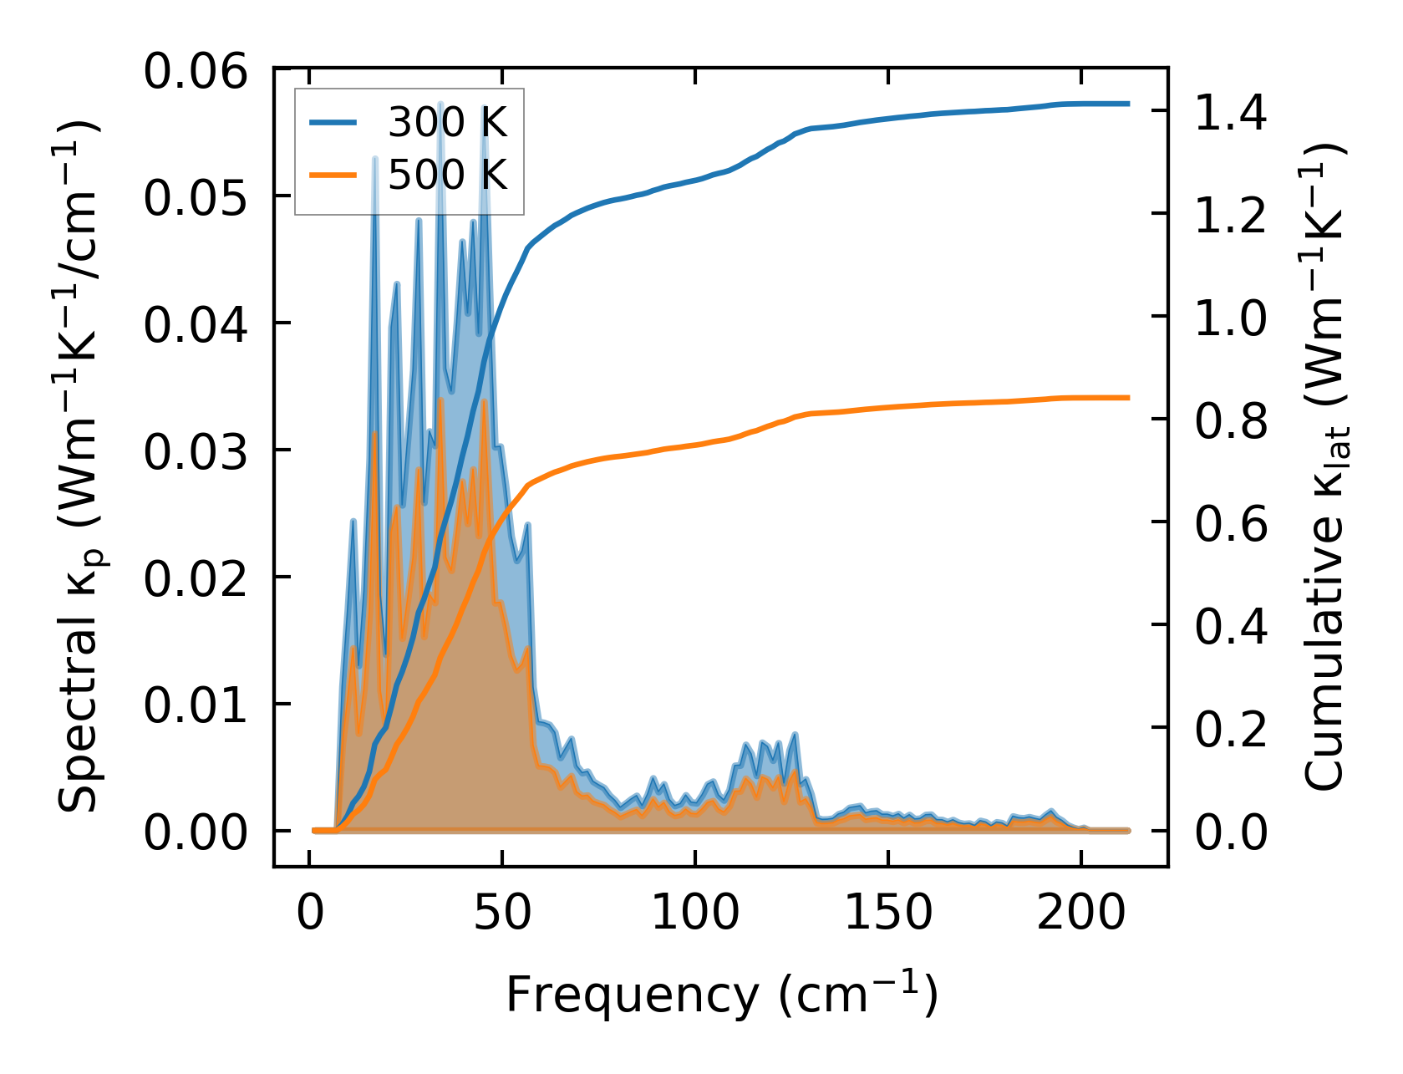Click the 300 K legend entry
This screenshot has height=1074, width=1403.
tap(447, 123)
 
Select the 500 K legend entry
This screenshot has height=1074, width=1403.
tap(447, 175)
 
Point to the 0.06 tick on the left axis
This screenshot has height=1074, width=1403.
tap(196, 71)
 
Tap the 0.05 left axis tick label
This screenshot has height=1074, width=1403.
tap(196, 198)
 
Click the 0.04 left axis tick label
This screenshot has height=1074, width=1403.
tap(196, 324)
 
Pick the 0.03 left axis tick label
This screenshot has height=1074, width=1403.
tap(196, 451)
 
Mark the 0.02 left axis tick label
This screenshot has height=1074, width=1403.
tap(196, 578)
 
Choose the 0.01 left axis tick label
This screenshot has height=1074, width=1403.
tap(196, 705)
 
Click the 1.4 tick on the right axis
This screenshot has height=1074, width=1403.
tap(1231, 113)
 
